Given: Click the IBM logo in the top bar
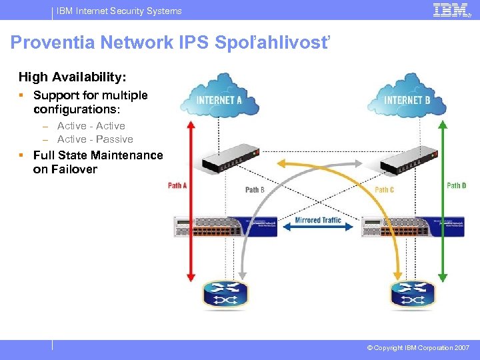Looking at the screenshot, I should click(451, 10).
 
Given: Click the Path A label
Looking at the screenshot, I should click(177, 185).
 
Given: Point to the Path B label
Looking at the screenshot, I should click(255, 190).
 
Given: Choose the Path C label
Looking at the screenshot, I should click(384, 190).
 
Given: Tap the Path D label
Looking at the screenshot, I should click(457, 185).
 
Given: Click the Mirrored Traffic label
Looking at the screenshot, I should click(317, 220).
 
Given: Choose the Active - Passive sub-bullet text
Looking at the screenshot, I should click(95, 139).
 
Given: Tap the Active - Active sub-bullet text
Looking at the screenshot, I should click(91, 126).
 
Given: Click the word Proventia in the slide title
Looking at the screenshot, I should click(54, 43).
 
